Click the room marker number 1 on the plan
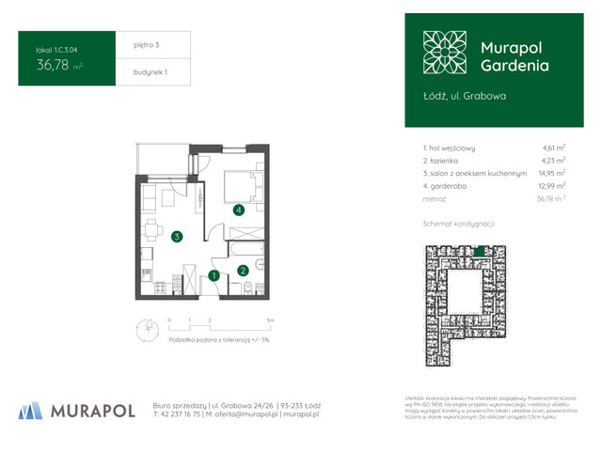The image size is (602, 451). [214, 276]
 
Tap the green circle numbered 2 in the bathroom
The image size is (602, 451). [243, 271]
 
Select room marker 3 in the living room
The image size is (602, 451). [177, 236]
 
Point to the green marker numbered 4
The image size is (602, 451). [240, 210]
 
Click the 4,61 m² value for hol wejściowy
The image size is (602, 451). [554, 148]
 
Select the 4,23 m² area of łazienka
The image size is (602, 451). [554, 161]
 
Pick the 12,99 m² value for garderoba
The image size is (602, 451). [553, 186]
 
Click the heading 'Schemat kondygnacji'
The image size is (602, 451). [459, 224]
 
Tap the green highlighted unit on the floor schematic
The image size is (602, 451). [481, 250]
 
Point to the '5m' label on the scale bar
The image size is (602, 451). [271, 320]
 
